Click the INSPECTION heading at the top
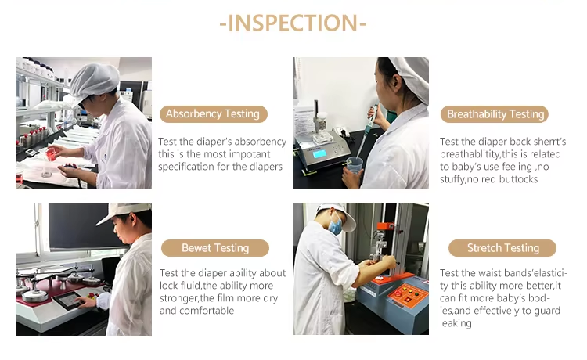coord(293,23)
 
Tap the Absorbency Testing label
coord(214,113)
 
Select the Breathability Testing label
coord(495,114)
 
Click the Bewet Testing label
coord(215,248)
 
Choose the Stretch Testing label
coord(502,248)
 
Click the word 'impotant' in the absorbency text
coord(250,154)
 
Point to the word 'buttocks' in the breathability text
coord(518,179)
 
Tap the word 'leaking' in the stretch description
coord(456,323)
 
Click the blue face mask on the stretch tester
coord(335,225)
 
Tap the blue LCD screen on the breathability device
coord(319,153)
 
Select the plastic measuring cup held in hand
coord(354,167)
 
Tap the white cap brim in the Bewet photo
coord(106,220)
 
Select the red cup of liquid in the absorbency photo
coord(52,153)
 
